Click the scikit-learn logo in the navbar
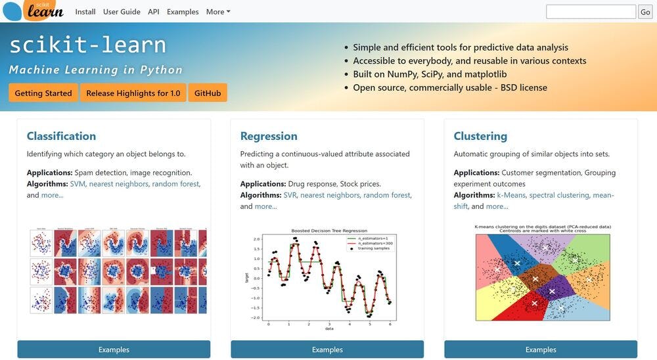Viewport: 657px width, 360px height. click(34, 10)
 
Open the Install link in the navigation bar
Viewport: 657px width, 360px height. click(85, 12)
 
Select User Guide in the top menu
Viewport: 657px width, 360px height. click(122, 12)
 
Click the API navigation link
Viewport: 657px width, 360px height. click(153, 12)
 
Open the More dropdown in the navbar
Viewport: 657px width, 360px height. click(218, 12)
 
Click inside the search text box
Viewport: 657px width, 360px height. click(590, 12)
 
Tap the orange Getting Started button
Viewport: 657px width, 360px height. click(43, 93)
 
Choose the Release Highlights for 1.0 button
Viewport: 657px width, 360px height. click(133, 93)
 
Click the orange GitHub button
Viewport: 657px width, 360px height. click(208, 93)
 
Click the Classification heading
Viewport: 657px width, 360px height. click(61, 136)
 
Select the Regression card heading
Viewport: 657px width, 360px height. click(269, 136)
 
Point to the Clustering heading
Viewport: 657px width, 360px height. click(480, 136)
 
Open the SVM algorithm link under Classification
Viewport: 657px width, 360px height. click(78, 184)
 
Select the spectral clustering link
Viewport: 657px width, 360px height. click(558, 195)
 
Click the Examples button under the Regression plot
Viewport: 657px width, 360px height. click(327, 349)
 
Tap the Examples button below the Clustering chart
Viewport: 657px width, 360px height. click(541, 349)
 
